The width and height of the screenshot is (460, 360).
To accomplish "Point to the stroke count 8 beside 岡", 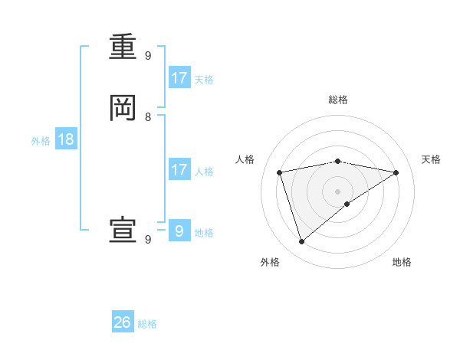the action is click(x=148, y=117).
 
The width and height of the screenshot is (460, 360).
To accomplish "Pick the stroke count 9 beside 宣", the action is click(x=148, y=240).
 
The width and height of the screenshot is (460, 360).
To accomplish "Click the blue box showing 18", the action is click(x=65, y=139).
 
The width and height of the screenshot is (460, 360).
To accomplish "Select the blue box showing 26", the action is click(x=123, y=322).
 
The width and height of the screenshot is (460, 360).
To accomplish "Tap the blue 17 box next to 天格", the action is click(x=179, y=78).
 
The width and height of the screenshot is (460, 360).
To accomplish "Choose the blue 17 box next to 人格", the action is click(x=179, y=170).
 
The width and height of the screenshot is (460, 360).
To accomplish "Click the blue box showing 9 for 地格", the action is click(x=179, y=231).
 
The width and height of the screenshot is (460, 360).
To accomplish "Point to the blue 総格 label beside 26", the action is click(x=147, y=324).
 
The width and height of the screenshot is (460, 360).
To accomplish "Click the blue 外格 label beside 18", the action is click(x=41, y=141).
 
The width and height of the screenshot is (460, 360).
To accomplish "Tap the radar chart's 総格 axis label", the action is click(x=338, y=100).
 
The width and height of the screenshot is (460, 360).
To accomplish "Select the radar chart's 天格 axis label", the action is click(x=432, y=159).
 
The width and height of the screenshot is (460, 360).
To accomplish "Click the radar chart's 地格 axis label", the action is click(x=402, y=262).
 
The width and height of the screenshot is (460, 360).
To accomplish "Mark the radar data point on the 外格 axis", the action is click(x=301, y=242).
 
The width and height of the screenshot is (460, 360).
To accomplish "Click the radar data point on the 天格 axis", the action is click(x=396, y=172).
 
